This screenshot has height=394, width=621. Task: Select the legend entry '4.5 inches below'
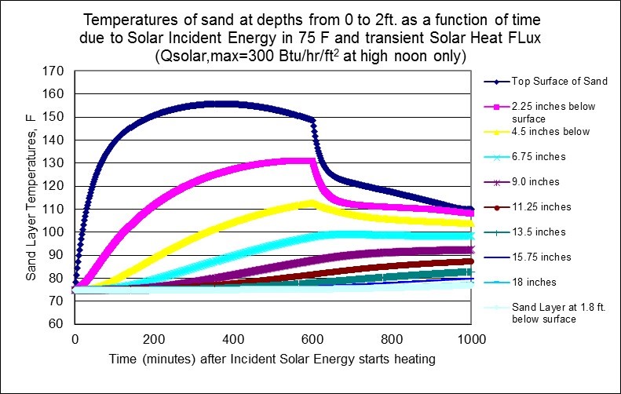pos(550,131)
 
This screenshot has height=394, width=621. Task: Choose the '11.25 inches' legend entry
pos(538,206)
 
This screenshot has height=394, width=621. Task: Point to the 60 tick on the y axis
pos(55,324)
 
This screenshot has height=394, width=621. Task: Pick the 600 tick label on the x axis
pos(391,340)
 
